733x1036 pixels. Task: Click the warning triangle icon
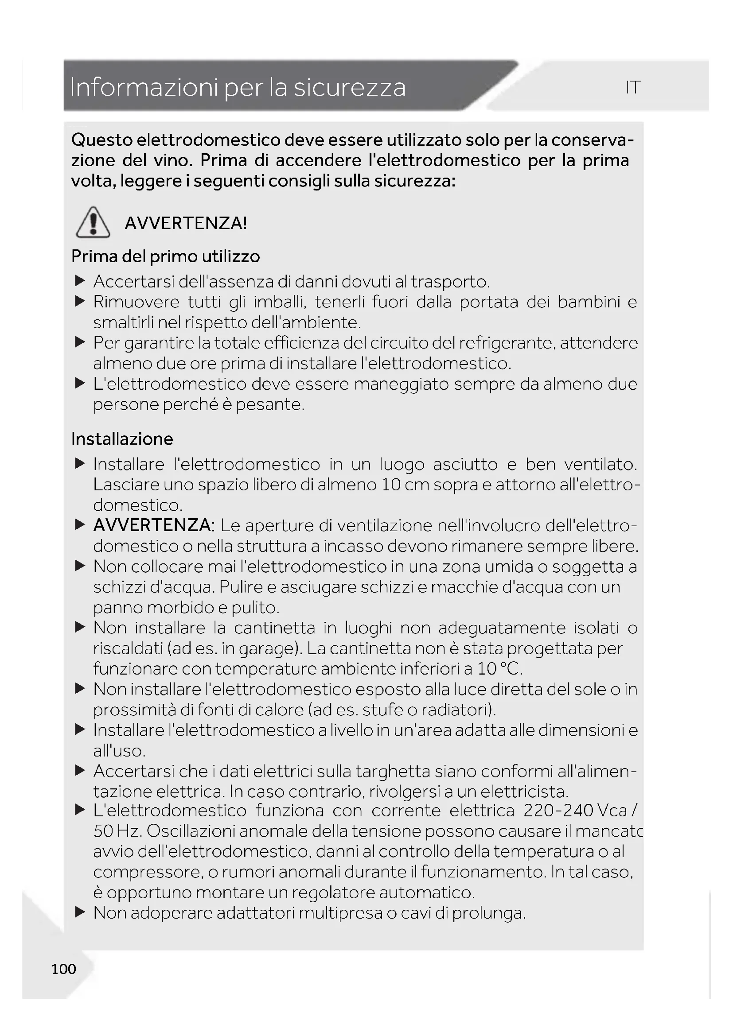coord(93,222)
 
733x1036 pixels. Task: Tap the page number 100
coord(64,969)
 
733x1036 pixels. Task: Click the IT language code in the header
coord(633,88)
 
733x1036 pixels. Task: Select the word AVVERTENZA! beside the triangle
coord(186,223)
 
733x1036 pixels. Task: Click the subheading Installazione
coord(122,438)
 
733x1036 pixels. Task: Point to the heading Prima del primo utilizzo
coord(165,256)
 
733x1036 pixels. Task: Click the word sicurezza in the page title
coord(349,88)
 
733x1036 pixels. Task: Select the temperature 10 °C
coord(499,669)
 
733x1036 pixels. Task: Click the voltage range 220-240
coord(558,811)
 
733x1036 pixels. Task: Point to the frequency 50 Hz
coord(117,831)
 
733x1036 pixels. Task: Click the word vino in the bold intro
coord(174,161)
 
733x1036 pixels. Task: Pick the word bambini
coord(589,302)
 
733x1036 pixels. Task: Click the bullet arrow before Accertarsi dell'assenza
coord(80,282)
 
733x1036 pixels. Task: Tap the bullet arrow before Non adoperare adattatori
coord(80,913)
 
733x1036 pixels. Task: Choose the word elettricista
coord(523,792)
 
